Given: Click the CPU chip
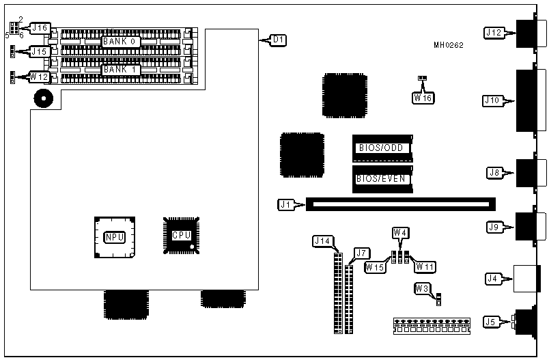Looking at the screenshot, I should pyautogui.click(x=182, y=235).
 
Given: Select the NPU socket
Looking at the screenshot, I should pyautogui.click(x=114, y=237).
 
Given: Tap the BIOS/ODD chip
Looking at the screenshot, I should pyautogui.click(x=381, y=148).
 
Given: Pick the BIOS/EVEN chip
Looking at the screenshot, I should pyautogui.click(x=381, y=179).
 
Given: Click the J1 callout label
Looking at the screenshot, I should pyautogui.click(x=286, y=204).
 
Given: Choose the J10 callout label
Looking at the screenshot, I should pyautogui.click(x=493, y=100).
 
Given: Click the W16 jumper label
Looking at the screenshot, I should pyautogui.click(x=423, y=97).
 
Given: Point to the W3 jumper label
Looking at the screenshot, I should pyautogui.click(x=422, y=288).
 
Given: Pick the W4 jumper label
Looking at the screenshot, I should pyautogui.click(x=400, y=232).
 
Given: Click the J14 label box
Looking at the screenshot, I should pyautogui.click(x=322, y=240).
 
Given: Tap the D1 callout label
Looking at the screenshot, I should pyautogui.click(x=277, y=40).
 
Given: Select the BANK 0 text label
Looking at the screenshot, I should pyautogui.click(x=122, y=42).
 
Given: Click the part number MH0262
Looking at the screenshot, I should pyautogui.click(x=448, y=46).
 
